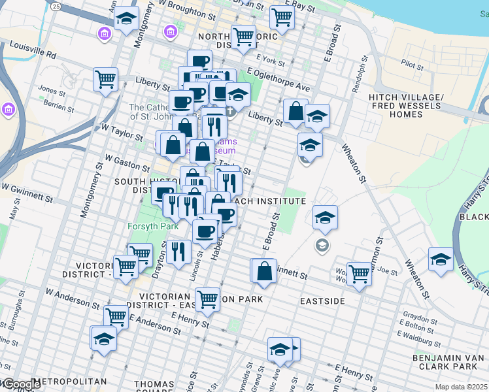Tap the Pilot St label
(x=413, y=65)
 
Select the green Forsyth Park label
(x=148, y=227)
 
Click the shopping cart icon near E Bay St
(x=282, y=18)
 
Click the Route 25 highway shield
(x=57, y=7)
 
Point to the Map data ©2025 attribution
(x=462, y=387)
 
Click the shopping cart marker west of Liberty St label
(x=105, y=80)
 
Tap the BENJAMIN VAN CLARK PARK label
(x=450, y=363)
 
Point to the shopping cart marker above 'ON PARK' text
(x=207, y=299)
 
